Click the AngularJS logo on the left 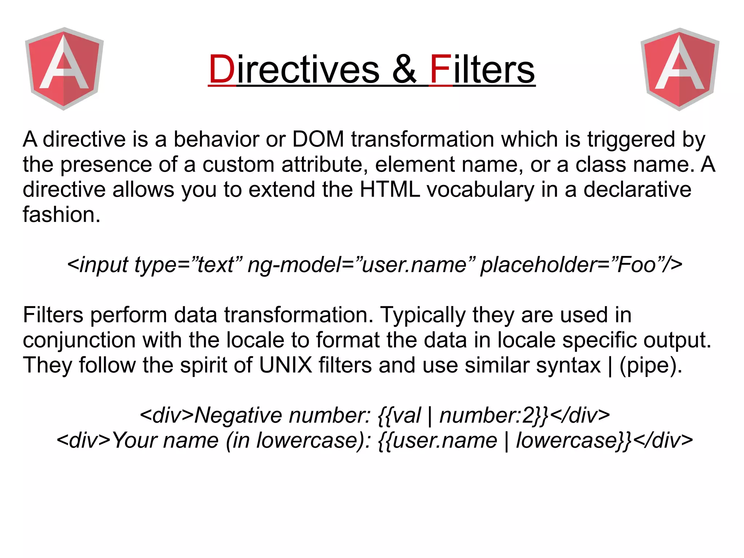coord(64,69)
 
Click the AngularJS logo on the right coord(680,69)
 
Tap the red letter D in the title coord(222,69)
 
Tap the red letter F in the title coord(441,69)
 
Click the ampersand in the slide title coord(404,69)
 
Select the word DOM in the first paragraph coord(318,139)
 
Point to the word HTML coord(390,189)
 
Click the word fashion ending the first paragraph coord(61,214)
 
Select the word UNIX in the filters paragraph coord(286,365)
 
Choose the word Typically coord(422,315)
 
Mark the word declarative coord(637,189)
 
